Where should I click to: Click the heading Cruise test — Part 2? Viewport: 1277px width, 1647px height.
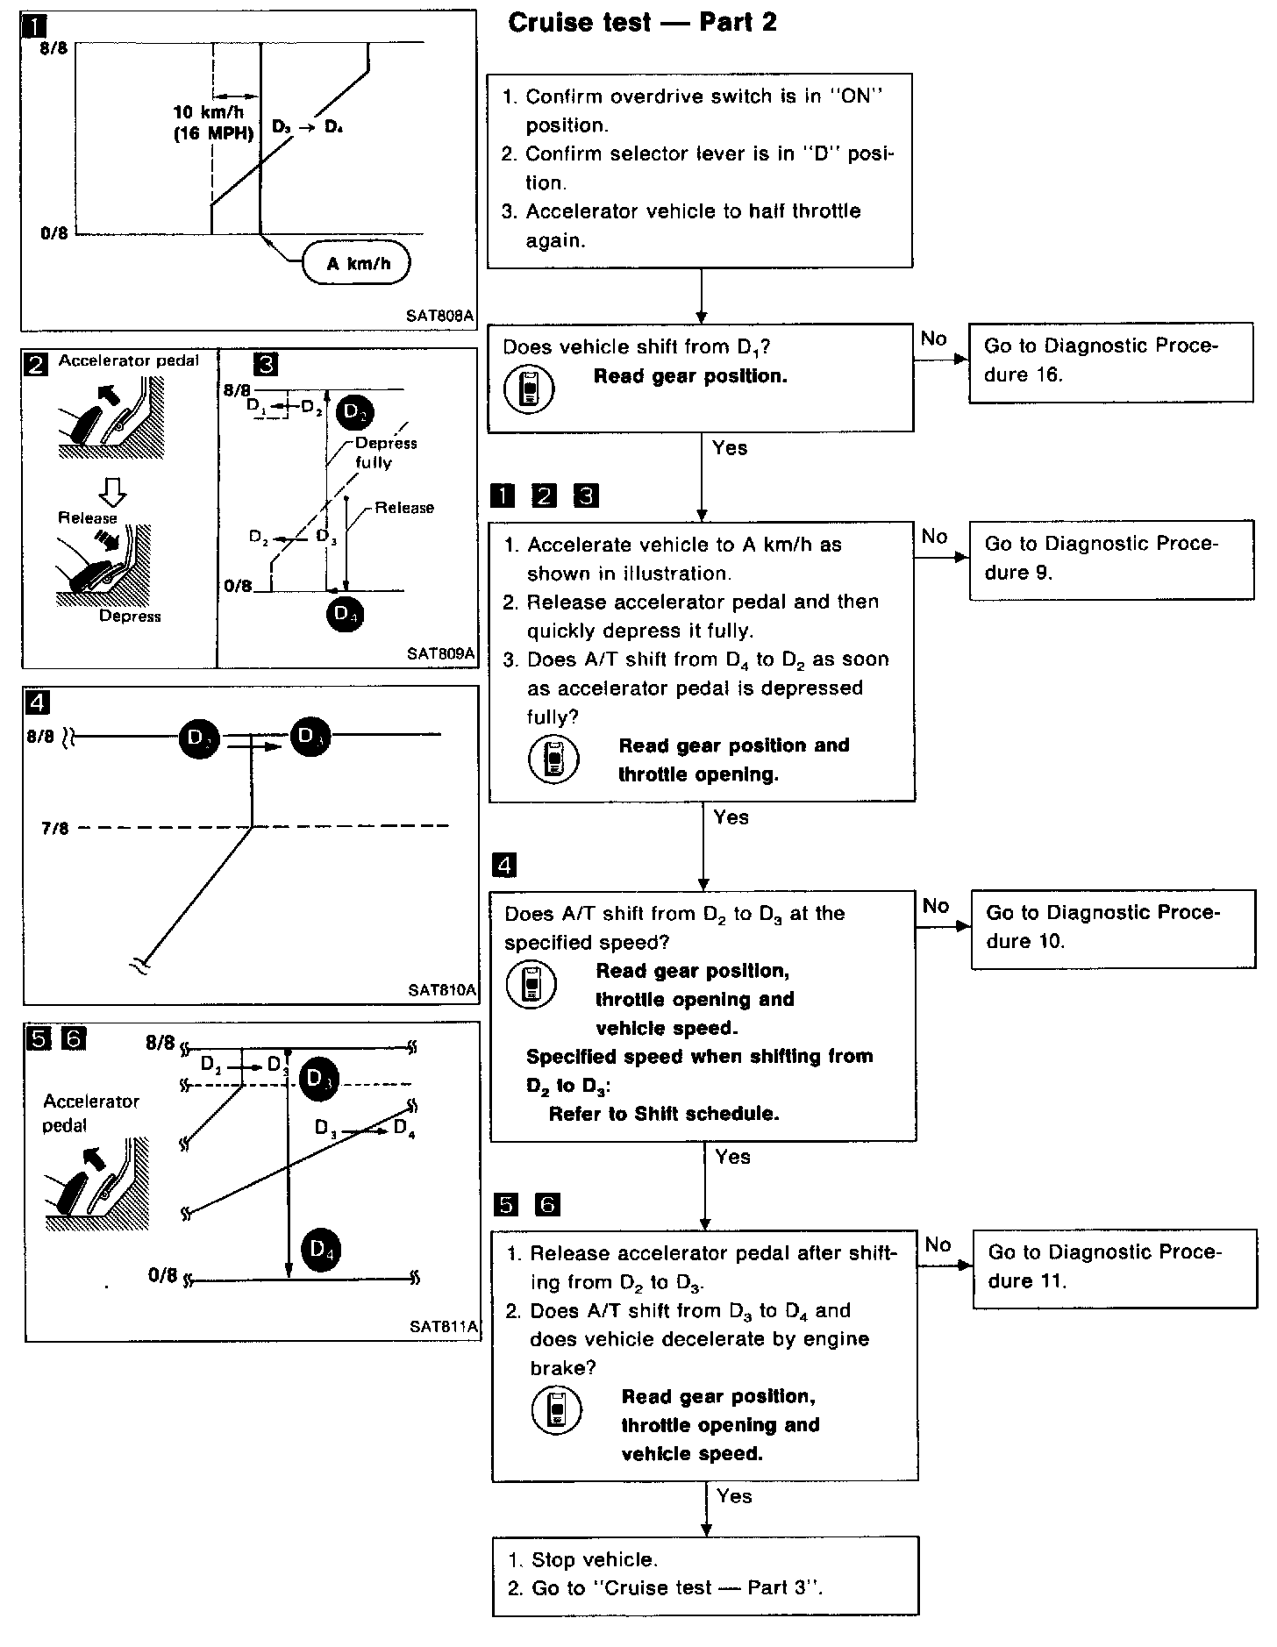tap(642, 23)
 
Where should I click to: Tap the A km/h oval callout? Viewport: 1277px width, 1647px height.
tap(357, 263)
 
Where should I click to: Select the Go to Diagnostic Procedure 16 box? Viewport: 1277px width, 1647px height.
tap(1110, 361)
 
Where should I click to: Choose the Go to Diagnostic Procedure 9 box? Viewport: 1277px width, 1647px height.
tap(1111, 560)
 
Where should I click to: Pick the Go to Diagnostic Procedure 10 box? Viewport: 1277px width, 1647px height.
tap(1113, 929)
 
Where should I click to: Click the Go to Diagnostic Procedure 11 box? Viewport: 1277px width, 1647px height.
tap(1114, 1268)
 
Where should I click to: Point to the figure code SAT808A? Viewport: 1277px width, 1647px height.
tap(439, 315)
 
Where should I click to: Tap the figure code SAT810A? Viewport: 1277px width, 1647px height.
tap(442, 990)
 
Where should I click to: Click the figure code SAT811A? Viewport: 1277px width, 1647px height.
tap(444, 1327)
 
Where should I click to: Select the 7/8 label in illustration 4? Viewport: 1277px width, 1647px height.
tap(54, 828)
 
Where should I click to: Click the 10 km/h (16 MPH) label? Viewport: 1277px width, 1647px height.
tap(213, 123)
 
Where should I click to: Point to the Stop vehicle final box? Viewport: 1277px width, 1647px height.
tap(705, 1575)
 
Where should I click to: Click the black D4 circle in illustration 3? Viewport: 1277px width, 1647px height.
tap(345, 614)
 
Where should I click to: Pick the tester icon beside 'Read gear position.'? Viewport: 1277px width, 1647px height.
tap(529, 389)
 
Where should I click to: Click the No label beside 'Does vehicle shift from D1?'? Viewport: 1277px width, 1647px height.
tap(934, 339)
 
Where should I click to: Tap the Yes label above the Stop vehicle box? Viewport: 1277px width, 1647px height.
tap(734, 1496)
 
